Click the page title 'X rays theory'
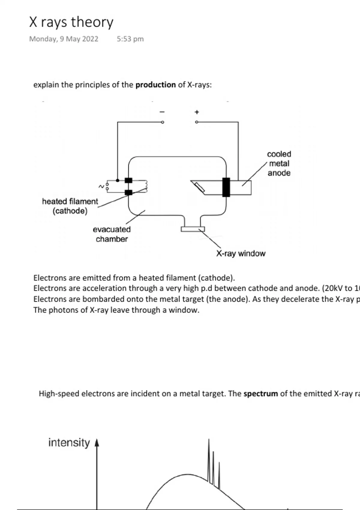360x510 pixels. point(71,22)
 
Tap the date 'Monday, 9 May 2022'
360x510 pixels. point(64,39)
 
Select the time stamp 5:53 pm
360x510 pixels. point(130,39)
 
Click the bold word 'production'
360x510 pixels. point(155,85)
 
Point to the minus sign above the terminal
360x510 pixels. point(162,112)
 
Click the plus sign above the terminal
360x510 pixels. point(197,112)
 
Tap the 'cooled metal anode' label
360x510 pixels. point(279,163)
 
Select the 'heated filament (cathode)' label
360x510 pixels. point(70,206)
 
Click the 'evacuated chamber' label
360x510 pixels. point(112,234)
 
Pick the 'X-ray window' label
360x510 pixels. point(241,254)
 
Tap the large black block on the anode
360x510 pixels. point(226,187)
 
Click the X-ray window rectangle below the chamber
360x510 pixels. point(193,229)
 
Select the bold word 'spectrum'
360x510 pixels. point(261,394)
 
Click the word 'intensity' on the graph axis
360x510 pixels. point(69,443)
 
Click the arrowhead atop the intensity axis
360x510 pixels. point(97,443)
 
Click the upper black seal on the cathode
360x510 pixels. point(128,180)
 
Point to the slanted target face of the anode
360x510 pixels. point(199,187)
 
